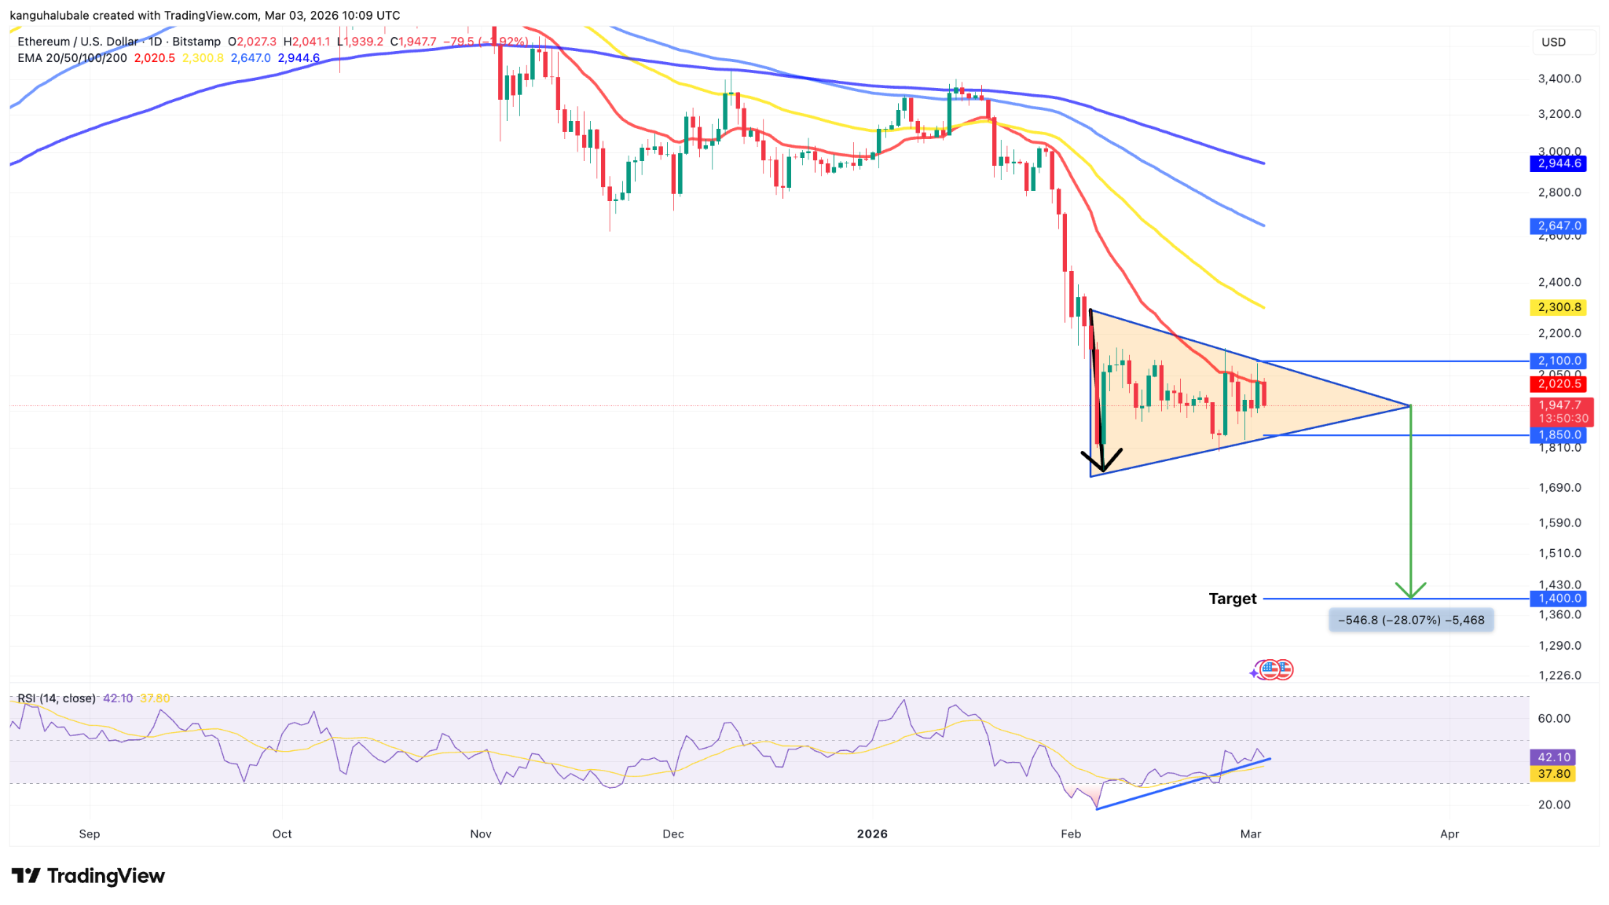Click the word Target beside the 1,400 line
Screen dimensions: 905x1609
click(1232, 599)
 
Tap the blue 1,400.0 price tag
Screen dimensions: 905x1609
click(1559, 599)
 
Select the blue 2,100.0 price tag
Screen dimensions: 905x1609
click(1559, 361)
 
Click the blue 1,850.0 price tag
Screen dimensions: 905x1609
click(1559, 434)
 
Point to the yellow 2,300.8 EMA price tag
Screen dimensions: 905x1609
click(1559, 307)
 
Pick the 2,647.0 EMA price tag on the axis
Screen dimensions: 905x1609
click(1559, 225)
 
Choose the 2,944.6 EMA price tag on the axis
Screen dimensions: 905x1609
click(1559, 163)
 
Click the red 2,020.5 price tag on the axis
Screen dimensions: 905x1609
click(1559, 384)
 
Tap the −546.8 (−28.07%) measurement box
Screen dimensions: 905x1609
click(1411, 620)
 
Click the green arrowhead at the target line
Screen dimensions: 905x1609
click(1411, 591)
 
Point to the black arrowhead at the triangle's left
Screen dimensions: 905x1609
click(1101, 463)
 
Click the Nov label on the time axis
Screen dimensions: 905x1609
click(481, 834)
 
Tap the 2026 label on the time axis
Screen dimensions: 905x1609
click(872, 834)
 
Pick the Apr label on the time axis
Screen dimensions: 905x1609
click(1450, 834)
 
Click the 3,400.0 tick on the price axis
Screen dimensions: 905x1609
click(1559, 79)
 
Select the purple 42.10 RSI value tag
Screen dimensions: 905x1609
click(1553, 757)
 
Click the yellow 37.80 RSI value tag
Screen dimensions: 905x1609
click(1553, 774)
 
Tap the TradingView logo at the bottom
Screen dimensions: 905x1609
click(88, 876)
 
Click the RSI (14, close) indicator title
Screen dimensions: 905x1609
click(57, 698)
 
